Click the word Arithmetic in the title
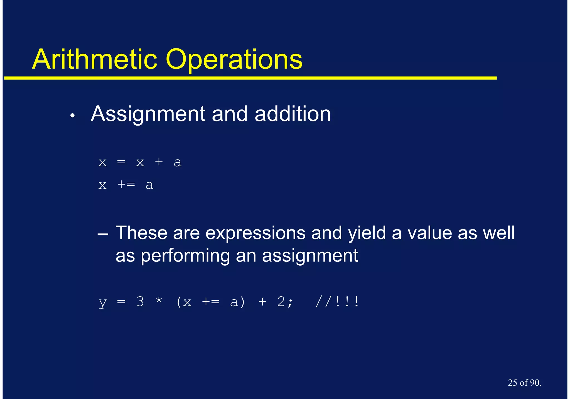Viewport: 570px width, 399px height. pyautogui.click(x=95, y=59)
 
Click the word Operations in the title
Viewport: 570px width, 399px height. pyautogui.click(x=234, y=59)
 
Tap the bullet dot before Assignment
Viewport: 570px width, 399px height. pyautogui.click(x=73, y=116)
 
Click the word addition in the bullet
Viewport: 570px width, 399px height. pyautogui.click(x=293, y=114)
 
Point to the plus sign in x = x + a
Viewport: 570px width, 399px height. pyautogui.click(x=159, y=162)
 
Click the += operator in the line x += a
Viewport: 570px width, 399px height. pyautogui.click(x=126, y=185)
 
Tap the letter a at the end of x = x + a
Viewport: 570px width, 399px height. pyautogui.click(x=178, y=162)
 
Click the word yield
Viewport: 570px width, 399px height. pyautogui.click(x=367, y=233)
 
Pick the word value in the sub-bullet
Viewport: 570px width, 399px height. pyautogui.click(x=429, y=233)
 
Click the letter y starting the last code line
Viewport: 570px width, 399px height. pyautogui.click(x=103, y=302)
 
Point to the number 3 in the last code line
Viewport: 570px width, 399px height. pyautogui.click(x=140, y=302)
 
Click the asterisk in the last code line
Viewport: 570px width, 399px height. pyautogui.click(x=159, y=301)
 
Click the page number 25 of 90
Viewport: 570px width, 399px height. pyautogui.click(x=524, y=383)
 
